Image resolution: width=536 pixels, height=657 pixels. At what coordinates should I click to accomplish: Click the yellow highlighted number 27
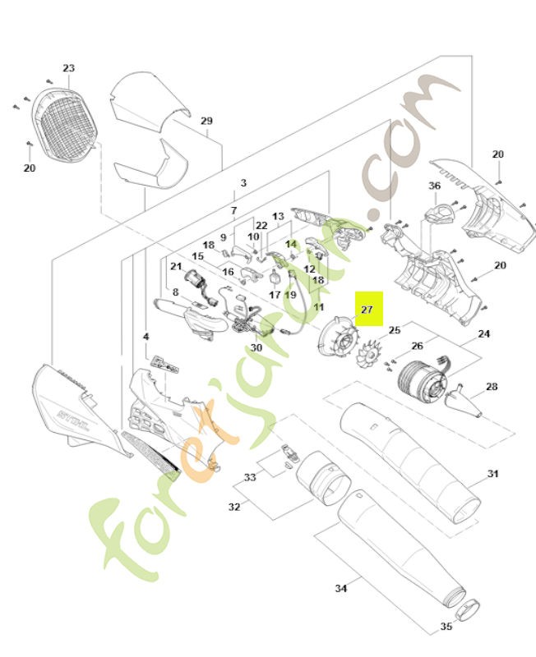[x=367, y=310]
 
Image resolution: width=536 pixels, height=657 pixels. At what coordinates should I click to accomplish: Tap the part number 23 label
[x=68, y=68]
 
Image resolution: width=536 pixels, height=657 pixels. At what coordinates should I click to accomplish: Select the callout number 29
[x=206, y=121]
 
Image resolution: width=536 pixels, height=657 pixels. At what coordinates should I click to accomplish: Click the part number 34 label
[x=341, y=588]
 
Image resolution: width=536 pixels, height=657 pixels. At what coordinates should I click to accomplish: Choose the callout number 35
[x=446, y=627]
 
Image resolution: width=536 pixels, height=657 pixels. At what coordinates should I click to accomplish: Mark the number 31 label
[x=493, y=474]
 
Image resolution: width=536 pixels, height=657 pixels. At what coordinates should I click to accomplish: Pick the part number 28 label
[x=492, y=386]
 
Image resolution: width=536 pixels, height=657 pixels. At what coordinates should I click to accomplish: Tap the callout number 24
[x=483, y=333]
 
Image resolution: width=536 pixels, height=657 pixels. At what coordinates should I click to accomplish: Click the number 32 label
[x=234, y=507]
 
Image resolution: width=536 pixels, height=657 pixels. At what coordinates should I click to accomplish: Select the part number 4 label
[x=146, y=337]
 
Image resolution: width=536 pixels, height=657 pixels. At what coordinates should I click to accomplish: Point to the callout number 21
[x=176, y=266]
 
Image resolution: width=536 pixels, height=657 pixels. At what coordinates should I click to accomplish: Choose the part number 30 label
[x=256, y=348]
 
